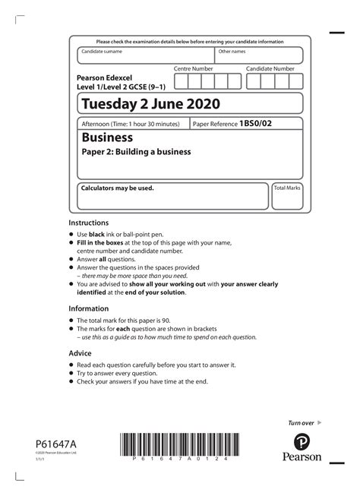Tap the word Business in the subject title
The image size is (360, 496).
coord(107,137)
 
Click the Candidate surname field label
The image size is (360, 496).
coord(102,52)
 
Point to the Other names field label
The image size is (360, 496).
coord(232,52)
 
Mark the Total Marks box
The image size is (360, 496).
coord(287,196)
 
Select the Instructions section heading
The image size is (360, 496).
coord(89,223)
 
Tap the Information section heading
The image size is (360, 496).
coord(90,309)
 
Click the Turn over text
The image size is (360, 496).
coord(301,422)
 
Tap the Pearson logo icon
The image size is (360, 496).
coord(302,442)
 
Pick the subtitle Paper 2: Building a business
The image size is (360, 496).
coord(136,152)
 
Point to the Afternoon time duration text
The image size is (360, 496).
coord(131,124)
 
